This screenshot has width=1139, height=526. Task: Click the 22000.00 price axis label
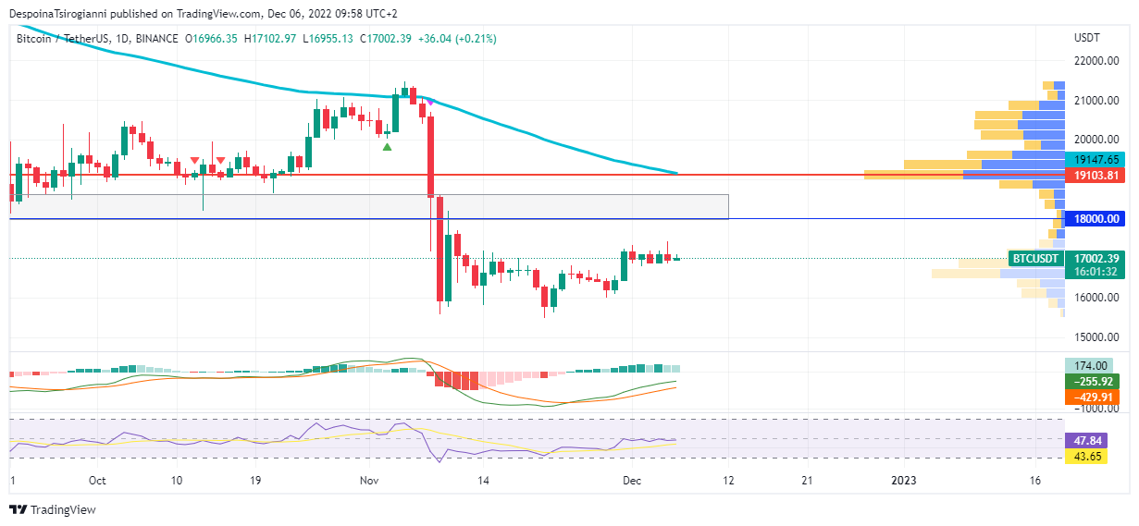(x=1096, y=61)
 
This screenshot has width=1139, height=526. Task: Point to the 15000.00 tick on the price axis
(x=1096, y=336)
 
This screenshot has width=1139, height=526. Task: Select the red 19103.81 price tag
(x=1096, y=175)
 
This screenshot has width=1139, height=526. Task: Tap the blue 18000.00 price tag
(x=1096, y=219)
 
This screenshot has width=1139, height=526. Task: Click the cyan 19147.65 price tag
(x=1096, y=159)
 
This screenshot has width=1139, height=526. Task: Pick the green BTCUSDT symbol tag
(x=1034, y=259)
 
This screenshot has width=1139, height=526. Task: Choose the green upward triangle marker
(x=387, y=146)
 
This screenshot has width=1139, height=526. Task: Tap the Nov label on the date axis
(x=370, y=481)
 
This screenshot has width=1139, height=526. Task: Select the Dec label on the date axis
(x=632, y=481)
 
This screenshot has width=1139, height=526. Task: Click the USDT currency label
(x=1086, y=38)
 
